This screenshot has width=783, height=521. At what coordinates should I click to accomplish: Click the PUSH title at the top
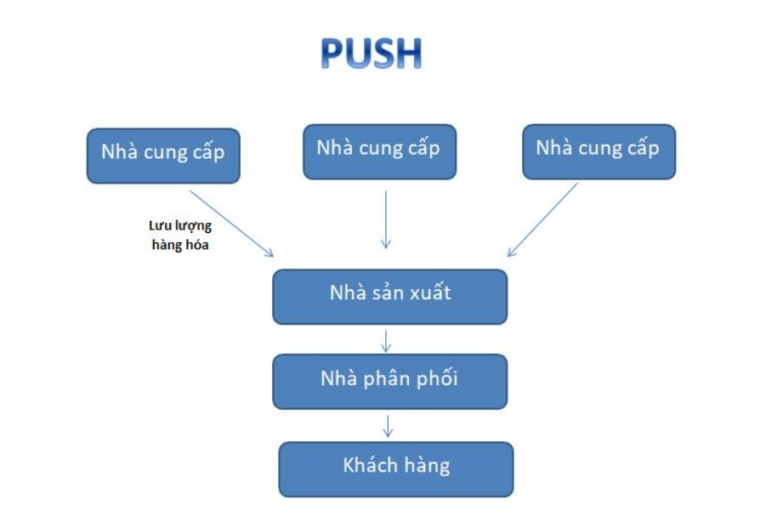[371, 54]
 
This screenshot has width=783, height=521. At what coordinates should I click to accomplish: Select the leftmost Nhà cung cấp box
[163, 155]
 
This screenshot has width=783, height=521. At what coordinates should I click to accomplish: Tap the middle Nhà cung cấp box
[379, 150]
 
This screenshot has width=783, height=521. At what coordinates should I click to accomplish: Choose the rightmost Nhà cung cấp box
[599, 150]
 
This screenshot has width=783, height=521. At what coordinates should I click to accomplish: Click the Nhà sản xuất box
[389, 296]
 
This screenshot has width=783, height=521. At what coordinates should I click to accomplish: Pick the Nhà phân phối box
[389, 381]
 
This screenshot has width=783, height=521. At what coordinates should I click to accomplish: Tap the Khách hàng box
[396, 468]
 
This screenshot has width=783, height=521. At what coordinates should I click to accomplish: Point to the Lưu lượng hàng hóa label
[179, 235]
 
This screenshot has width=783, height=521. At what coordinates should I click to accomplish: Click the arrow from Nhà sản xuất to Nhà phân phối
[386, 340]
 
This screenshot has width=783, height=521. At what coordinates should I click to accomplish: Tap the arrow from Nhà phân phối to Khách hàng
[388, 426]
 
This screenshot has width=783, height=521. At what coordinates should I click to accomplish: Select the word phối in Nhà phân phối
[435, 379]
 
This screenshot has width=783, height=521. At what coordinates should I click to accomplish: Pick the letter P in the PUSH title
[334, 54]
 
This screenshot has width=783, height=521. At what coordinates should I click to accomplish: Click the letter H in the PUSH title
[407, 54]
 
